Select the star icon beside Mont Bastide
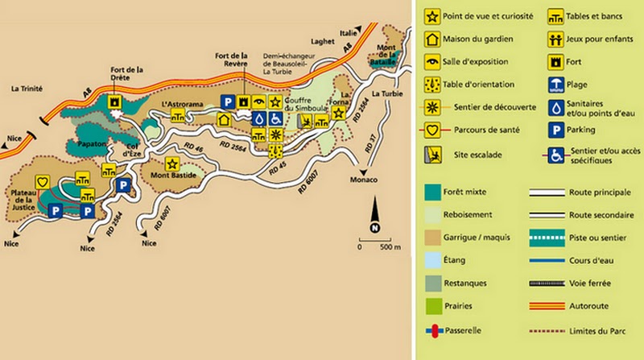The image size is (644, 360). pyautogui.click(x=171, y=163)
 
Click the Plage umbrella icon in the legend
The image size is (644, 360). pyautogui.click(x=556, y=84)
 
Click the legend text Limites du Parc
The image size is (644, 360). pyautogui.click(x=597, y=330)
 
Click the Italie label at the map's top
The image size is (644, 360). pyautogui.click(x=347, y=33)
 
